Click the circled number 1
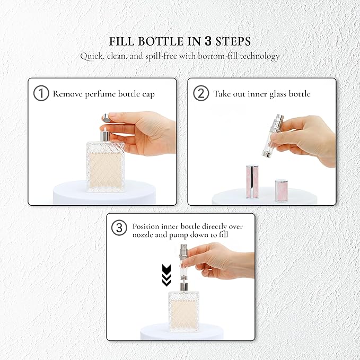pos(41,93)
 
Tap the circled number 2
pos(201,93)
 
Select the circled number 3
pos(119,228)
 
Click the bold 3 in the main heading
pos(208,41)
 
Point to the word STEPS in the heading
pos(233,41)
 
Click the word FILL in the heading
pos(121,41)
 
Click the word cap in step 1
pos(148,94)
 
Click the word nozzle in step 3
pos(142,235)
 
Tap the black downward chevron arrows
pos(166,275)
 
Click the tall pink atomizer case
pos(252,182)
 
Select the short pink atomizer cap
pos(282,191)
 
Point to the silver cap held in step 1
pos(106,117)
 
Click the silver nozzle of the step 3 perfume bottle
pos(183,287)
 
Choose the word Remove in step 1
pos(67,94)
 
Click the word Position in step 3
pos(146,226)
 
